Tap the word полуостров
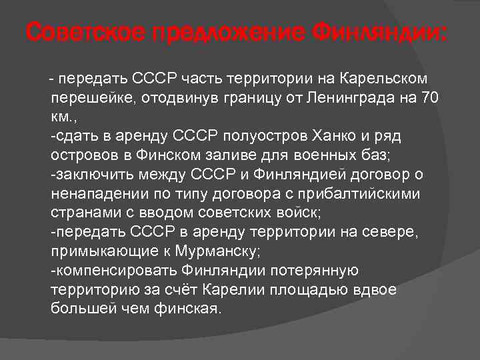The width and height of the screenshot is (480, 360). [x=291, y=137]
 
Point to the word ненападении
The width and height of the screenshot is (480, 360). [x=93, y=194]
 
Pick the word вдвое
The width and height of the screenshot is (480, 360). [x=377, y=289]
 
